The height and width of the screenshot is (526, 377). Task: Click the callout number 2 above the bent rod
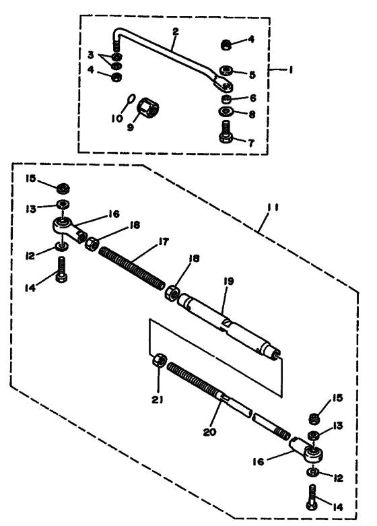click(176, 32)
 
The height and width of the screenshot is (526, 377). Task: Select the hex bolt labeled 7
click(226, 132)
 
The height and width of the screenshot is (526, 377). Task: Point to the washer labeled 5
click(227, 71)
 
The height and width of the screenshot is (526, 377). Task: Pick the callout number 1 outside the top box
click(290, 70)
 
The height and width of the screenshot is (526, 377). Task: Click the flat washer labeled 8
click(226, 110)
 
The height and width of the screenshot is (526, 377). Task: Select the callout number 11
click(273, 207)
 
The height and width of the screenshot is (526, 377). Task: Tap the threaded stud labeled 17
click(132, 267)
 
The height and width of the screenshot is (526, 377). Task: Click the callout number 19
click(228, 281)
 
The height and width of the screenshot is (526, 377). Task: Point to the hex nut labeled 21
click(160, 360)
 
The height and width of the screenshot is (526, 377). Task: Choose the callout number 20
click(209, 432)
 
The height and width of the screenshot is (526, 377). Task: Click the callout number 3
click(91, 55)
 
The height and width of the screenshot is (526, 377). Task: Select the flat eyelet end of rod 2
click(223, 85)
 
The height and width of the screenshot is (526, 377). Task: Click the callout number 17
click(164, 242)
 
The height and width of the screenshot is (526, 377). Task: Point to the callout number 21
click(158, 399)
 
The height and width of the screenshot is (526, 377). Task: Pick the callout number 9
click(131, 127)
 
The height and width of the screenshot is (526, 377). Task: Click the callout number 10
click(117, 119)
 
